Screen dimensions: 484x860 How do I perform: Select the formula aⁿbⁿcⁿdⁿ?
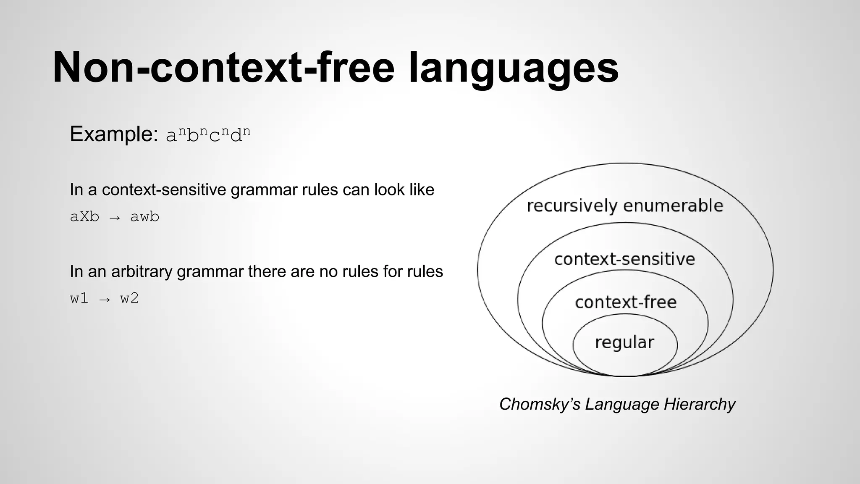click(208, 135)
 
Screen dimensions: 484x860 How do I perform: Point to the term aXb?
click(84, 217)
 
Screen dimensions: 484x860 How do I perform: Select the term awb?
click(144, 217)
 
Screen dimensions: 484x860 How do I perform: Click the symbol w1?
click(79, 299)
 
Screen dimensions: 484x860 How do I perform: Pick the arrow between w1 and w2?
click(105, 300)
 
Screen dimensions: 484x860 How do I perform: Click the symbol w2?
click(129, 299)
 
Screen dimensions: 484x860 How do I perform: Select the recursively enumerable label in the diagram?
click(625, 206)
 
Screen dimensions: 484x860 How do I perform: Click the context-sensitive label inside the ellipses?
click(624, 259)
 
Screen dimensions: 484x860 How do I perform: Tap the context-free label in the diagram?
click(625, 302)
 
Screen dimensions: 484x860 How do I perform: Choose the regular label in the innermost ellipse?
click(624, 342)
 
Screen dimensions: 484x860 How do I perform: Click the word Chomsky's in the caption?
click(540, 404)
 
